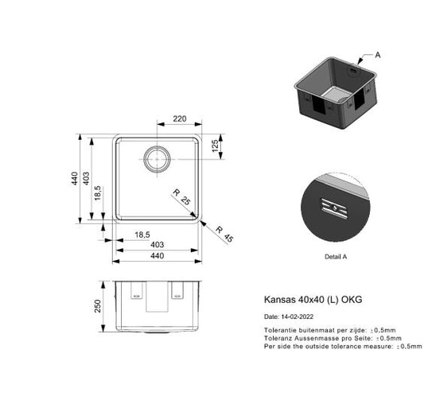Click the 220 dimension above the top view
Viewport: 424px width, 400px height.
tap(180, 119)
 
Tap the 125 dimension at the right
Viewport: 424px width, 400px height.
tap(215, 147)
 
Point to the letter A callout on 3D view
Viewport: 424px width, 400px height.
tap(378, 55)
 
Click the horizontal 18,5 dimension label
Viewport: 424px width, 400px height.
tap(142, 235)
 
